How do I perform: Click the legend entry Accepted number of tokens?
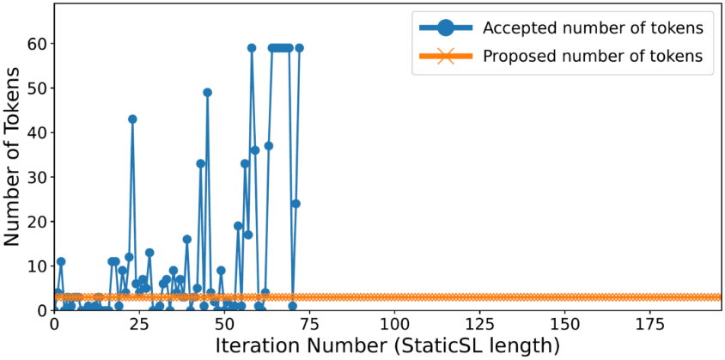point(594,28)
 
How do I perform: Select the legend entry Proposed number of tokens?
point(594,57)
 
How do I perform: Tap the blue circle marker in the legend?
point(445,28)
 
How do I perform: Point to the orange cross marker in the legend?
point(445,57)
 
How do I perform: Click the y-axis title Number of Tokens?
point(13,156)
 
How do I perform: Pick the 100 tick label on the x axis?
point(394,323)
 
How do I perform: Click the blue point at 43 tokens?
point(132,119)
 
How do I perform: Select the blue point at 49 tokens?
point(208,93)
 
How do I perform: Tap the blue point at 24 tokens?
point(295,204)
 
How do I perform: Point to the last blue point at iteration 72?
point(299,47)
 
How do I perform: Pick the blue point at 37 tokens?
point(269,146)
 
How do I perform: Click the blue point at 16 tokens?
point(186,239)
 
